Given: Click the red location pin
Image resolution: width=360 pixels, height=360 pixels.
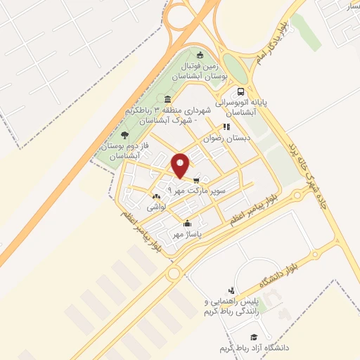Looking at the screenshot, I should (x=181, y=165).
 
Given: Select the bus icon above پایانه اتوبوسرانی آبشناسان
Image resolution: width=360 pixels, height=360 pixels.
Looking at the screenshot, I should (x=241, y=91).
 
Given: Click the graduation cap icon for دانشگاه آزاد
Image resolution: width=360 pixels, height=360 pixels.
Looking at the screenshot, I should (x=254, y=337).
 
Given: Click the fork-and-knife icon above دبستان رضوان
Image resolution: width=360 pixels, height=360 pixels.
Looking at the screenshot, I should (x=226, y=127).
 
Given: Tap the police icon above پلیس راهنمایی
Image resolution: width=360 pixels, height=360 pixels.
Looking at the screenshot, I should (x=231, y=290).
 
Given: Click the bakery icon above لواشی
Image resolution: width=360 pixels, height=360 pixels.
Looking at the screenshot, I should (x=155, y=198).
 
